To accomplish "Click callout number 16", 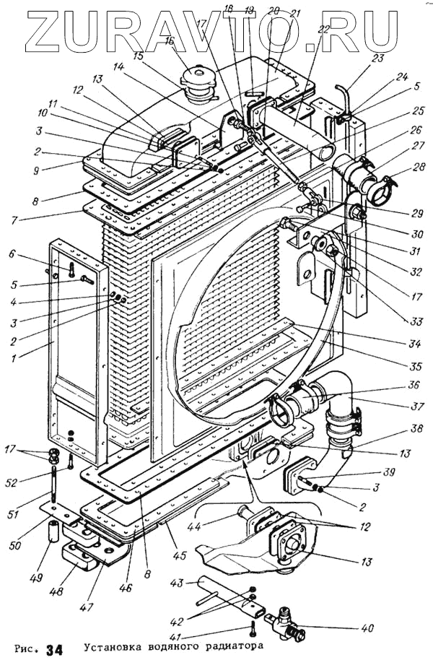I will pos(169,42).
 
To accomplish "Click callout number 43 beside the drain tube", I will pos(177,581).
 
